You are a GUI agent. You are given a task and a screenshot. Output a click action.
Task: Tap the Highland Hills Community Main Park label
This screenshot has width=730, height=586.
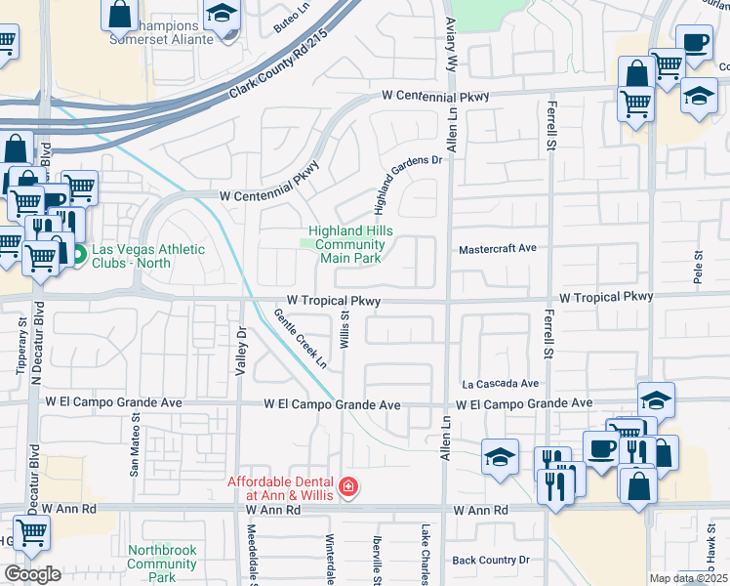[x=345, y=245]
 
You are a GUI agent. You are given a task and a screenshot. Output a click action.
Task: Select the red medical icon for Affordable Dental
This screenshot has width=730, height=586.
[x=347, y=486]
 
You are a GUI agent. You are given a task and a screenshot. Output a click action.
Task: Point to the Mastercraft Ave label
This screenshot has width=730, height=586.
[x=499, y=249]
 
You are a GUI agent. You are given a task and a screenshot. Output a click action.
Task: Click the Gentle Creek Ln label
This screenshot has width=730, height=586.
[x=301, y=339]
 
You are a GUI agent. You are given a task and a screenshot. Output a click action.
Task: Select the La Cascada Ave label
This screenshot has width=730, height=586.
[x=501, y=384]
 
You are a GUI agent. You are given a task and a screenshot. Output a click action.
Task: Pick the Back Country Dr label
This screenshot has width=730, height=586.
[x=491, y=561]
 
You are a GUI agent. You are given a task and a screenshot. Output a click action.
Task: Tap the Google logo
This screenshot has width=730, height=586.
[x=32, y=573]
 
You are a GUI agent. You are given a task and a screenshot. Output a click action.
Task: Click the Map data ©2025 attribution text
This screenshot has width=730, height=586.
[x=688, y=578]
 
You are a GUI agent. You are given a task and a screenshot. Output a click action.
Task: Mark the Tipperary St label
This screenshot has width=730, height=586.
[x=20, y=343]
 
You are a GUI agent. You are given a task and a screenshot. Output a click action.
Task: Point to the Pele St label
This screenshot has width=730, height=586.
[x=698, y=267]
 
